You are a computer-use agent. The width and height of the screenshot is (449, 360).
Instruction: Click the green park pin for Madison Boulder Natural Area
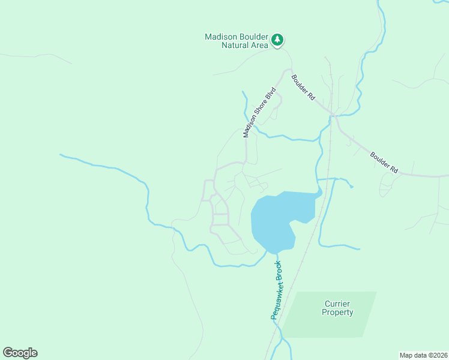tap(277, 40)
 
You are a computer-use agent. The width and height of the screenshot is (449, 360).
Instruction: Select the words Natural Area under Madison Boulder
tap(243, 45)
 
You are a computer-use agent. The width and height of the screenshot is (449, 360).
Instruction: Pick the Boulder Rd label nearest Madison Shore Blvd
tap(304, 87)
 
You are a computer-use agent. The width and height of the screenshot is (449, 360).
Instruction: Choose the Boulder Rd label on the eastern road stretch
tap(384, 162)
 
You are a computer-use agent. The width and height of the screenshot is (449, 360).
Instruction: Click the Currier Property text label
tap(337, 308)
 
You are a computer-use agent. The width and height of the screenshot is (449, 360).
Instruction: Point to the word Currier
tap(337, 304)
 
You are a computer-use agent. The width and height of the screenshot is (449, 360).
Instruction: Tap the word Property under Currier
tap(337, 312)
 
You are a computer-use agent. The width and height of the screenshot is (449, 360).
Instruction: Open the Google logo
tap(20, 353)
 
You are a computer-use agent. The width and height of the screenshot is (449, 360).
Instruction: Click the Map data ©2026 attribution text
tap(423, 355)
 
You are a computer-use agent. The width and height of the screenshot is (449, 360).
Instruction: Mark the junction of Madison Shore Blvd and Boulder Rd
tap(287, 70)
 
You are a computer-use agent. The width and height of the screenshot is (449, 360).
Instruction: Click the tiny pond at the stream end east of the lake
tap(352, 187)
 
